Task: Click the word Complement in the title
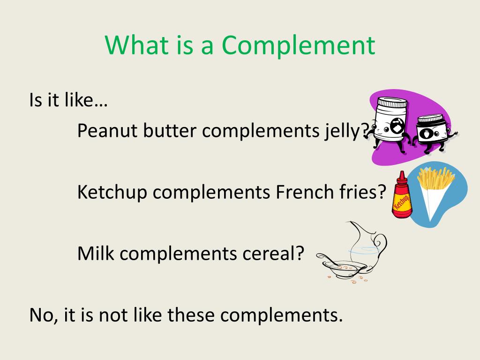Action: click(298, 46)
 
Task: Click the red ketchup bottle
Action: click(402, 199)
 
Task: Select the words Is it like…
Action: click(68, 100)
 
